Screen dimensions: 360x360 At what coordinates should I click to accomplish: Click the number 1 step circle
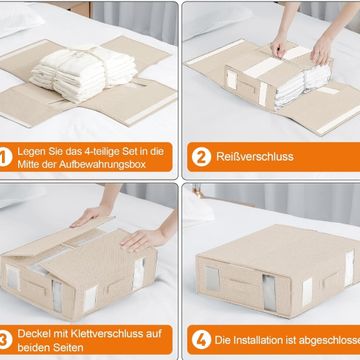tap(5, 157)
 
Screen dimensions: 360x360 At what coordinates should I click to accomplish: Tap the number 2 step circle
tap(201, 157)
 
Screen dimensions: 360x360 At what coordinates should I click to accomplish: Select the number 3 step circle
tap(5, 340)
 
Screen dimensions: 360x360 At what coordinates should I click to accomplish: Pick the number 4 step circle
tap(201, 340)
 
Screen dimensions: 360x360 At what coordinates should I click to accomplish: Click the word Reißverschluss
tap(255, 157)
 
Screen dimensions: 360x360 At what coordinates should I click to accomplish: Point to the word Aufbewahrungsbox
tap(102, 164)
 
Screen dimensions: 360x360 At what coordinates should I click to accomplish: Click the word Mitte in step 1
tap(27, 164)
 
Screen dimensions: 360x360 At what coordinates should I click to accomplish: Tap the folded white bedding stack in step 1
tap(83, 72)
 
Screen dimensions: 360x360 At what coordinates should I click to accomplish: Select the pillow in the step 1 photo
tap(19, 19)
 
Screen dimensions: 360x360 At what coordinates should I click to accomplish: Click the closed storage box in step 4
tap(278, 271)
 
